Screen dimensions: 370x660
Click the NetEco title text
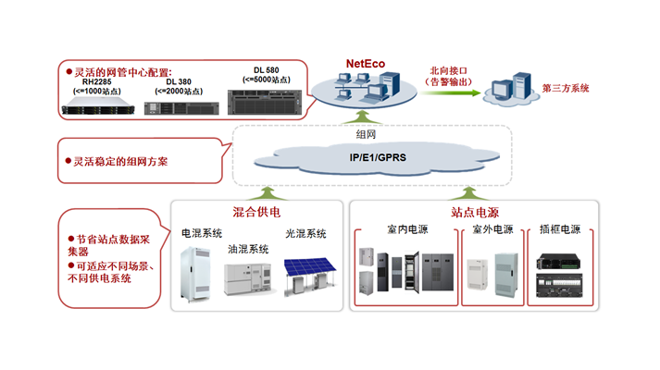(366, 64)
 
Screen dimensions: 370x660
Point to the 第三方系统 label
(567, 89)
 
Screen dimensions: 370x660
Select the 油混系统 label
(249, 249)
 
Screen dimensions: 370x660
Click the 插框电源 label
(559, 228)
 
